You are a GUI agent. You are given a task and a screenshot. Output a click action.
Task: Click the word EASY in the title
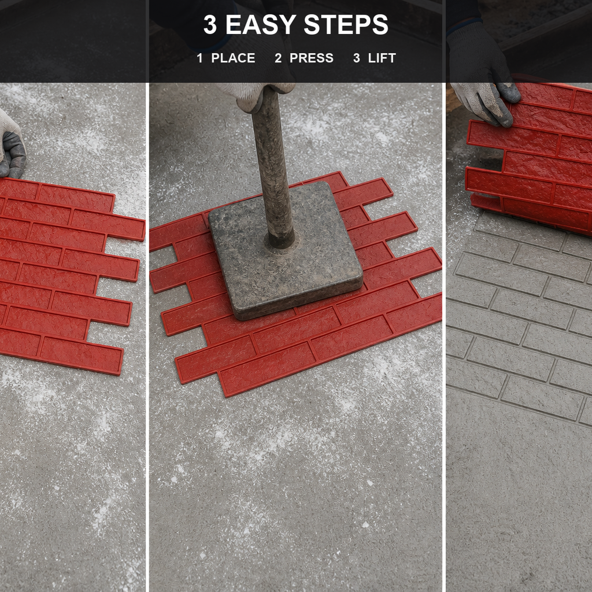pos(261,24)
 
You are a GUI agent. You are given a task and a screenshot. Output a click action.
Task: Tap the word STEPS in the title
pos(346,24)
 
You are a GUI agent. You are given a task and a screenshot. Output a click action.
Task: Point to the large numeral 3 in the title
pos(210,24)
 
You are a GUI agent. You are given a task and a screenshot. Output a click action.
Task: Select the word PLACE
pos(234,58)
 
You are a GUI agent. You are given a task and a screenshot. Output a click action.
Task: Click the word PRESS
pos(312,58)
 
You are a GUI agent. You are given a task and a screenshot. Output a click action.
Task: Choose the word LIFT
pos(382,58)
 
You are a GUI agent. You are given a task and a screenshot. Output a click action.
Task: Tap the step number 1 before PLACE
pos(199,58)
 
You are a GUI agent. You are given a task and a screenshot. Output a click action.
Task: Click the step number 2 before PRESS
pos(278,58)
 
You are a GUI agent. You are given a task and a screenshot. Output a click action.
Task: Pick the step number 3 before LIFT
pos(356,58)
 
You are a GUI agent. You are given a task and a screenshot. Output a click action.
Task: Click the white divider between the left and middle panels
pos(147,337)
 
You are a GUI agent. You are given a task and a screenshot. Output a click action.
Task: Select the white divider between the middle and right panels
pos(444,337)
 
